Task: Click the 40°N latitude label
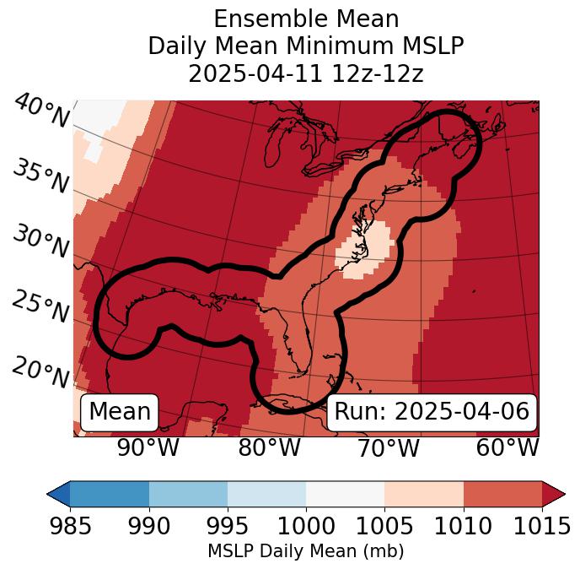[41, 111]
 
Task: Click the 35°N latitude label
[40, 176]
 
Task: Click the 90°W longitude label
[148, 448]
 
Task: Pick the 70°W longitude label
[388, 448]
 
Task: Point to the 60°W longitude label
[508, 448]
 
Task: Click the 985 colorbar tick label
[70, 526]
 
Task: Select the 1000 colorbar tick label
[306, 526]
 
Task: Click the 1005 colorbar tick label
[384, 526]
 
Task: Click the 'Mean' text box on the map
[120, 412]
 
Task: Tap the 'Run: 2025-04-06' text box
[432, 412]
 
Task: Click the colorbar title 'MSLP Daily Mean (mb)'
[305, 551]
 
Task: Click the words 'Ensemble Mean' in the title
[305, 19]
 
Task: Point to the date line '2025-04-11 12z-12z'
[305, 73]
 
